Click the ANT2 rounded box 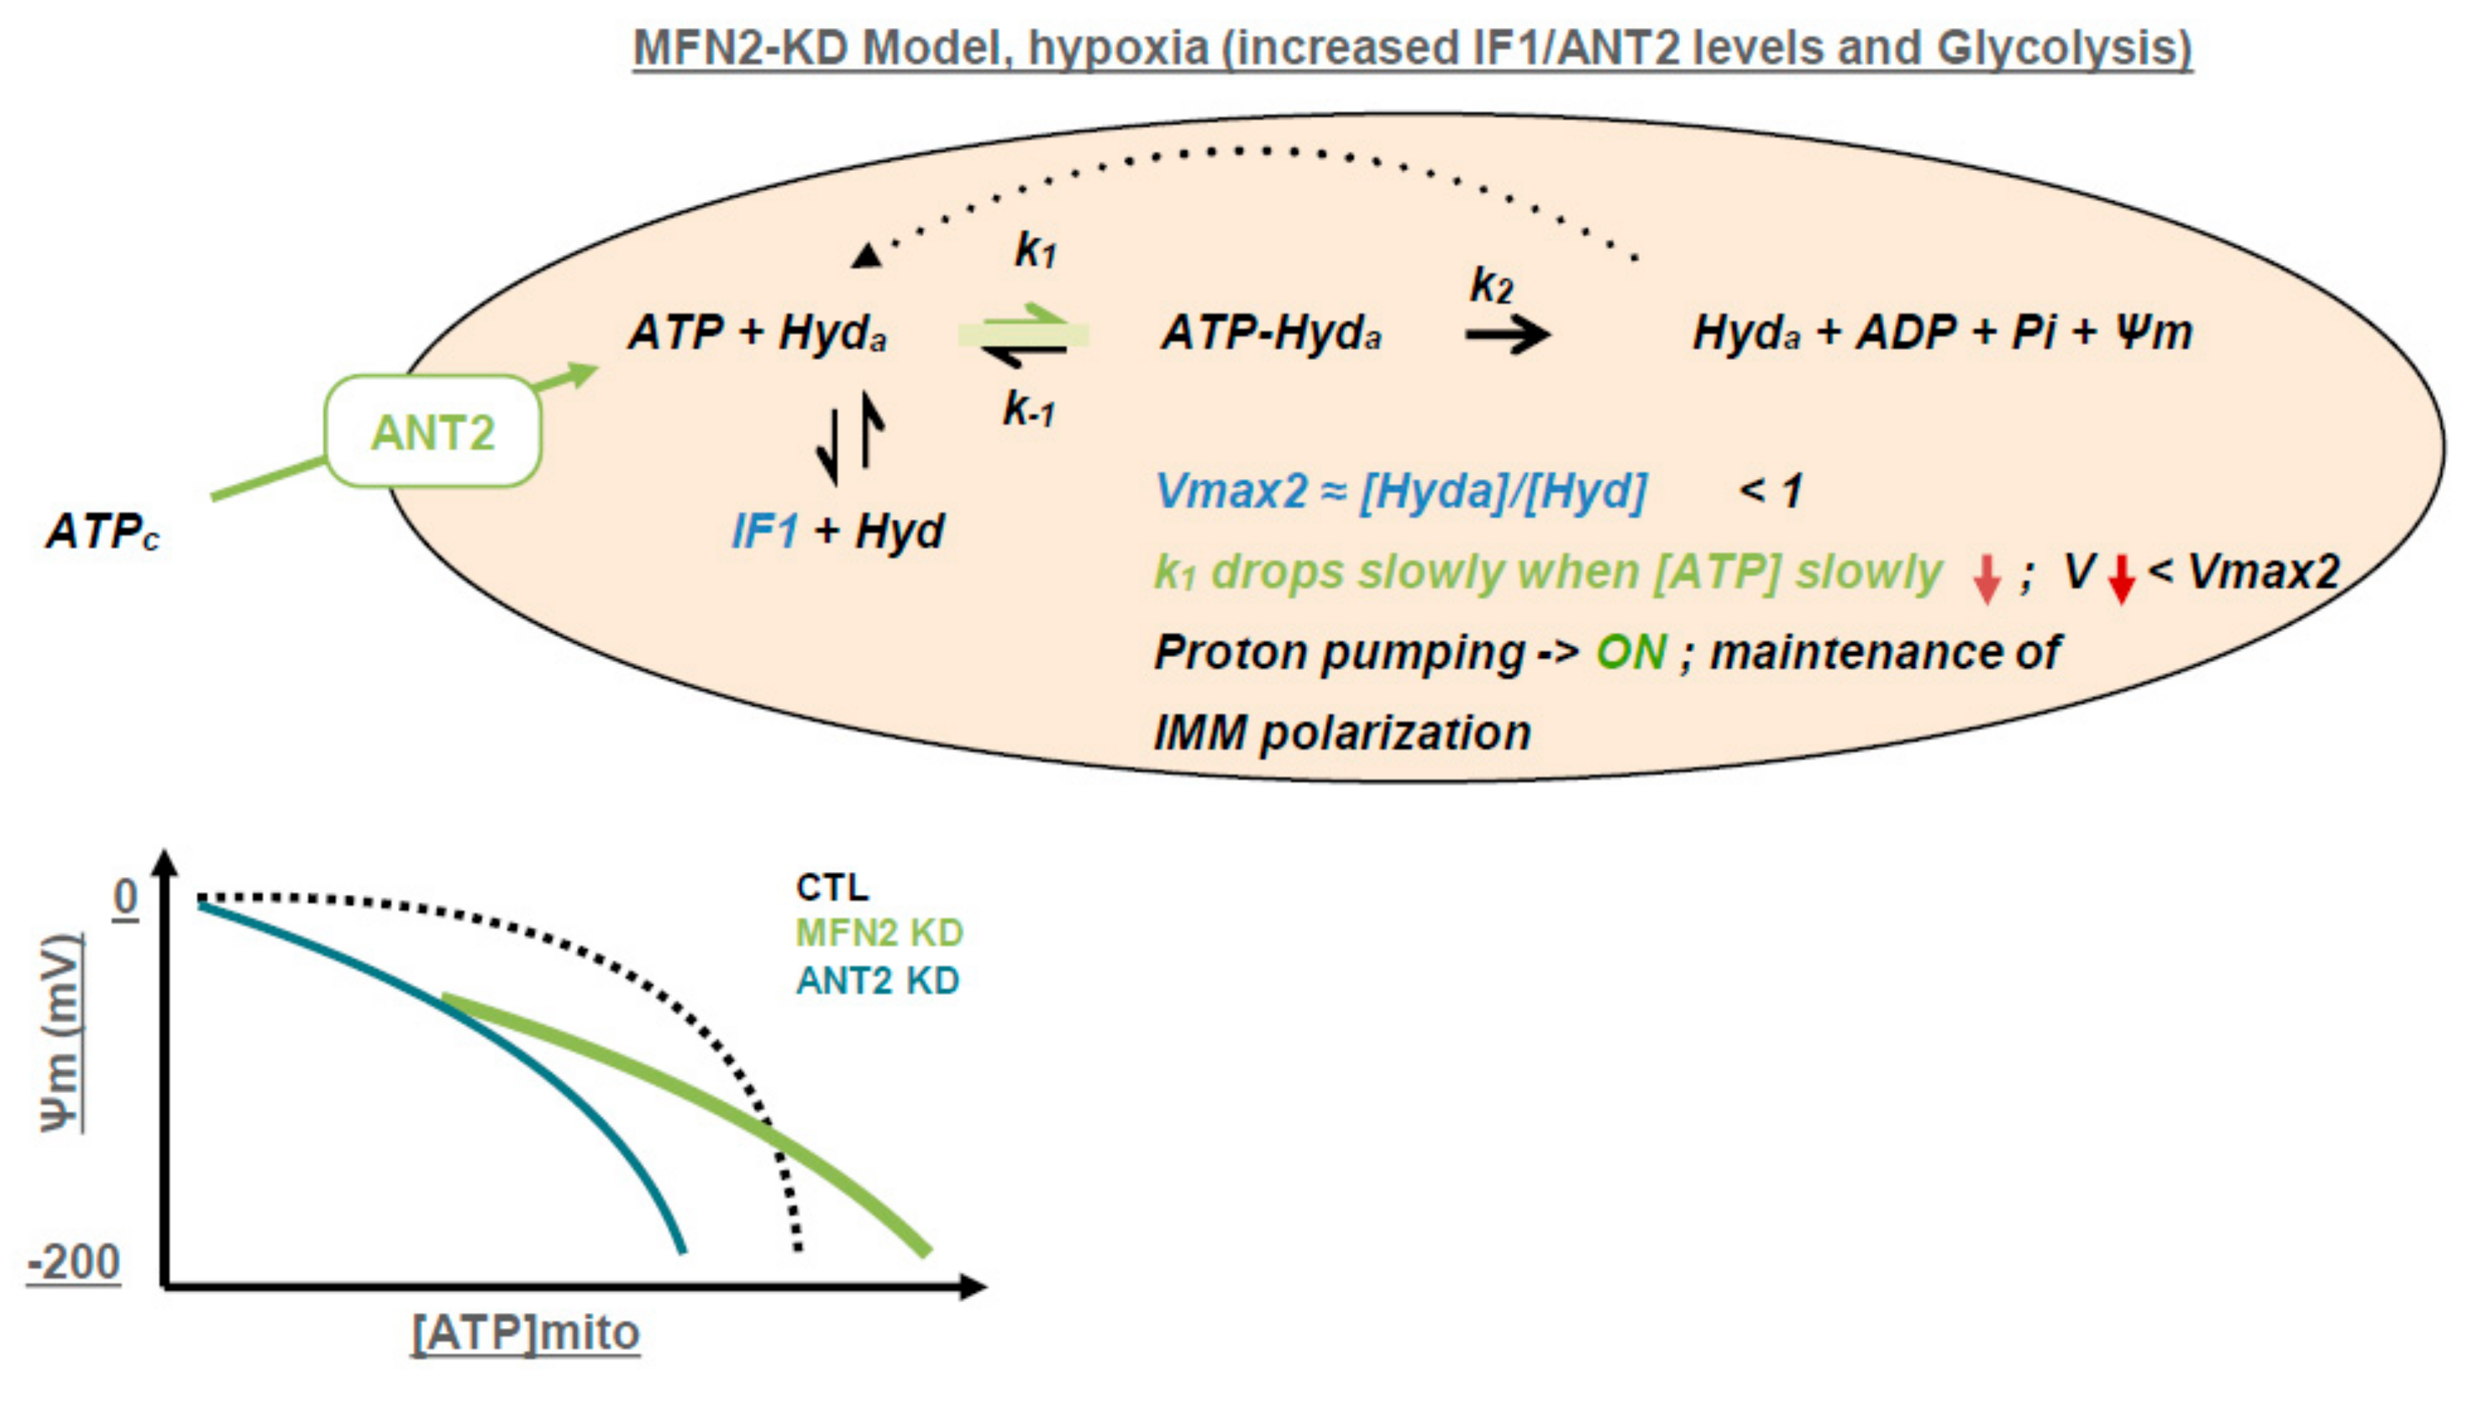click(433, 432)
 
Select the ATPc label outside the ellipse click(102, 531)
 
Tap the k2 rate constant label click(1491, 285)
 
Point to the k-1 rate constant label click(1029, 409)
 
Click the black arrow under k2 click(1508, 335)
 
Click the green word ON click(1631, 653)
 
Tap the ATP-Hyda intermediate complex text click(1272, 333)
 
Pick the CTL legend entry click(832, 887)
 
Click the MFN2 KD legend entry click(880, 933)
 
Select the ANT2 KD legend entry click(877, 981)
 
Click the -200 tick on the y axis click(75, 1261)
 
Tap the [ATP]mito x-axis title click(525, 1332)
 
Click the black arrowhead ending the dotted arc click(867, 255)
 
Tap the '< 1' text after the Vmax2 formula click(1771, 491)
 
